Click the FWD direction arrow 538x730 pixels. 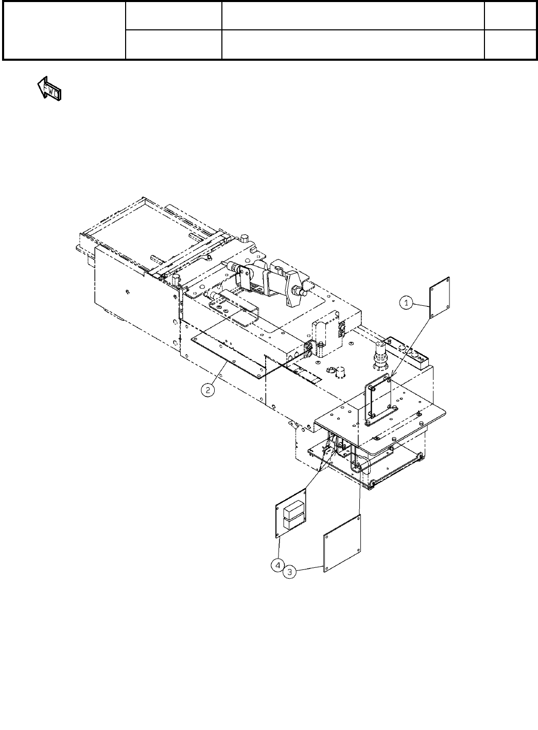tap(49, 89)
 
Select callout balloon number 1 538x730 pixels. tap(407, 304)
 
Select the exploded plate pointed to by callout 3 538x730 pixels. tap(342, 543)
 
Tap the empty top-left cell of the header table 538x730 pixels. tap(64, 30)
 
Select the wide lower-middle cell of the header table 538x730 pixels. tap(353, 44)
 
